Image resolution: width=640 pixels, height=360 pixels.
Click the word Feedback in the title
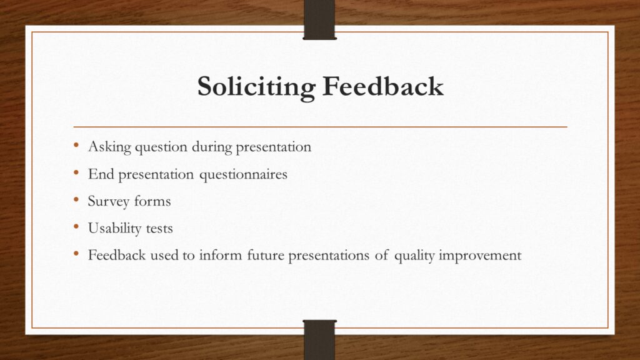(383, 86)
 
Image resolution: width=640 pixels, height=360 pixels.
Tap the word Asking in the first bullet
(109, 147)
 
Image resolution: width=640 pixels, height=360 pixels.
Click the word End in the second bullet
(101, 174)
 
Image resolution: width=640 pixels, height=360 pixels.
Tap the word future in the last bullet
(266, 255)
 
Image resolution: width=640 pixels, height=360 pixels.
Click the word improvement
(480, 256)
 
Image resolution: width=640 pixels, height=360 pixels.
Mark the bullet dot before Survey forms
(76, 200)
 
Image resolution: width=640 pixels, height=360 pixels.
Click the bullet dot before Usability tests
(76, 227)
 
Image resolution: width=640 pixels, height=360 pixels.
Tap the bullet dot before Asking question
(76, 145)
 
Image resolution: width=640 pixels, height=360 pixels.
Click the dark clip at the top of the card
(319, 19)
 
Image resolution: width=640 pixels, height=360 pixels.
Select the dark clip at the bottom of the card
(319, 339)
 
